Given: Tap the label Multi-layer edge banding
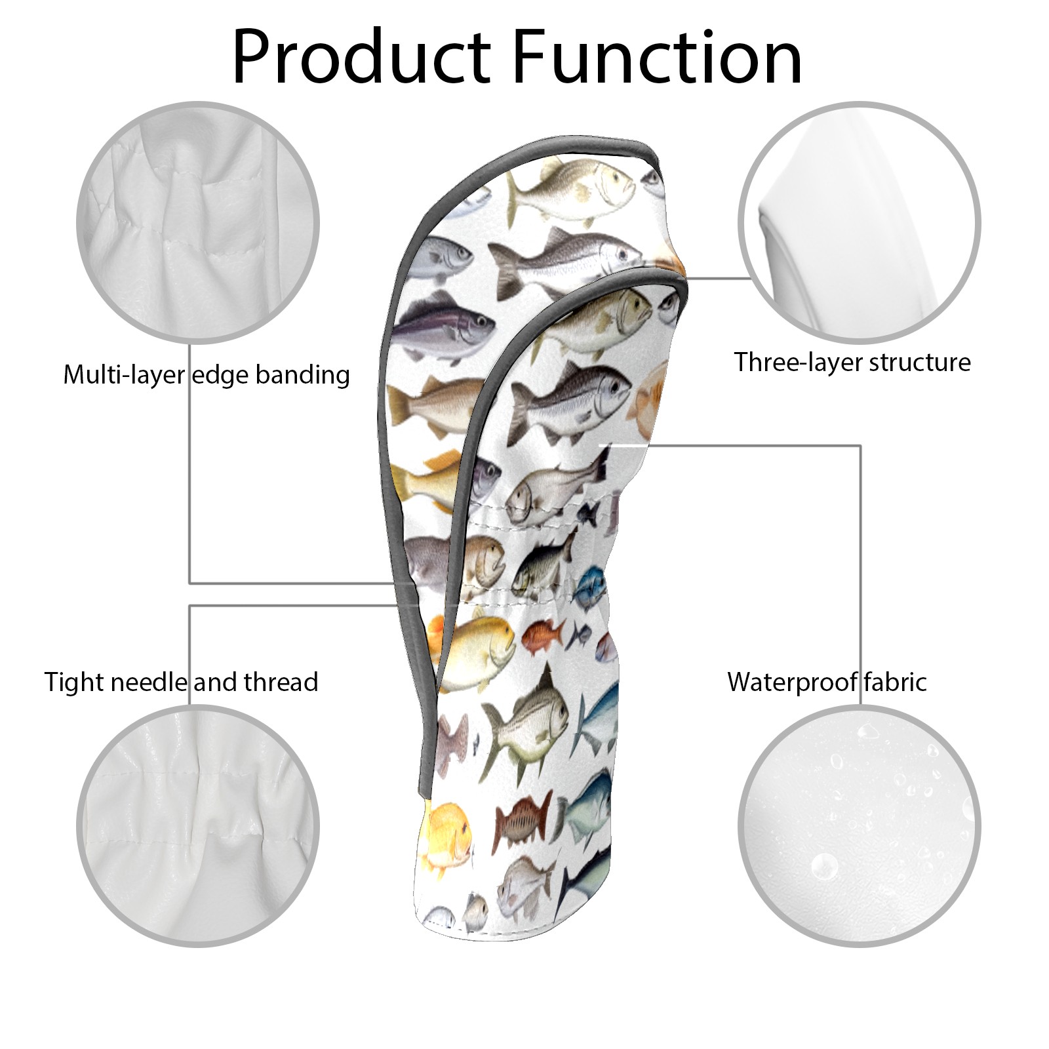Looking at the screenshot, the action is [207, 374].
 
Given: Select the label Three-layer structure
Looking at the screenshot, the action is [852, 361].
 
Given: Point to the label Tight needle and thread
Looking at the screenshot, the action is [182, 682].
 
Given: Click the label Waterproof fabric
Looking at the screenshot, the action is [827, 682].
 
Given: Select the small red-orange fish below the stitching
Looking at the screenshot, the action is [542, 632].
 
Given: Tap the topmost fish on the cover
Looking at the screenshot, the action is [572, 181].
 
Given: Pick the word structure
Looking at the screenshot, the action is [918, 361].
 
